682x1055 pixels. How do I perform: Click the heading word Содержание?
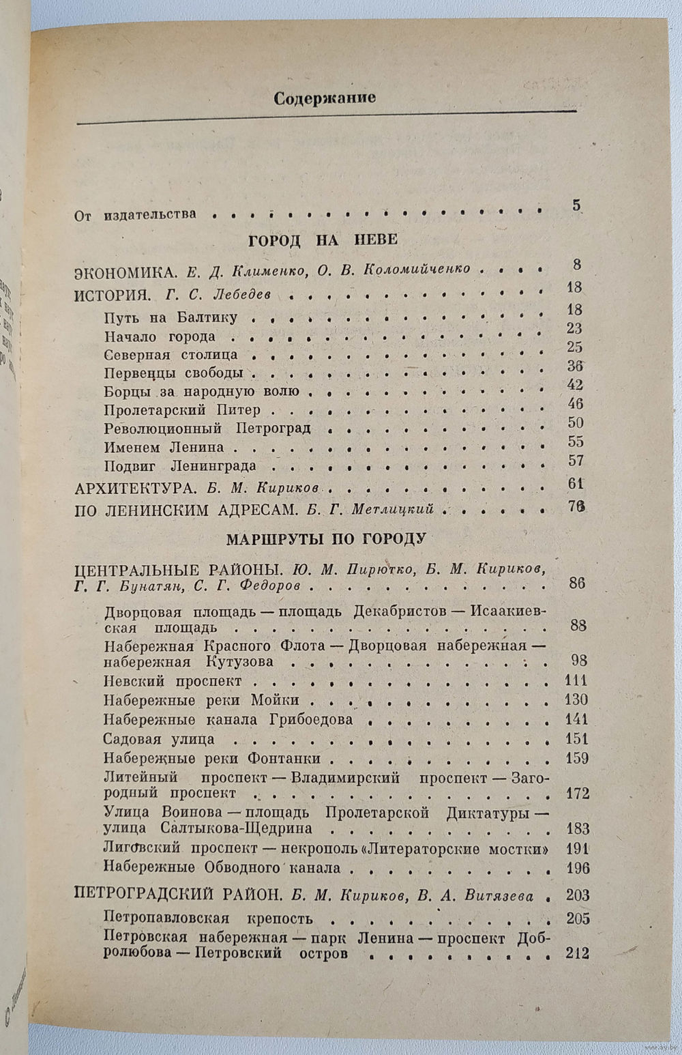pos(325,98)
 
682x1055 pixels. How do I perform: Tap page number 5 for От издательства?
pos(577,205)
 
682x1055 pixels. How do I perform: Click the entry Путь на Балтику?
pos(170,317)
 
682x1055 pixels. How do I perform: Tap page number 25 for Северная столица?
pos(574,347)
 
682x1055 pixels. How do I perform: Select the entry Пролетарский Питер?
pos(182,410)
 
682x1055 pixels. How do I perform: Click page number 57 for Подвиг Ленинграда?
pos(576,461)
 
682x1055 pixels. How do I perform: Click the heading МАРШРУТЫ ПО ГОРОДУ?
pos(325,538)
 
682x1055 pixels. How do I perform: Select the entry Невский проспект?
pos(173,681)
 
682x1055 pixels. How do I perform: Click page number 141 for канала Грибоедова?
pos(577,719)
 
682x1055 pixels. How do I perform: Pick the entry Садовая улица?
pos(158,739)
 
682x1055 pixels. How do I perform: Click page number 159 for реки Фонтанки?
pos(577,758)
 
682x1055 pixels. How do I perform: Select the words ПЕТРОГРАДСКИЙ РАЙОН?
pos(175,895)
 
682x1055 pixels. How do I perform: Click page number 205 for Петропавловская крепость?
pos(577,919)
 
